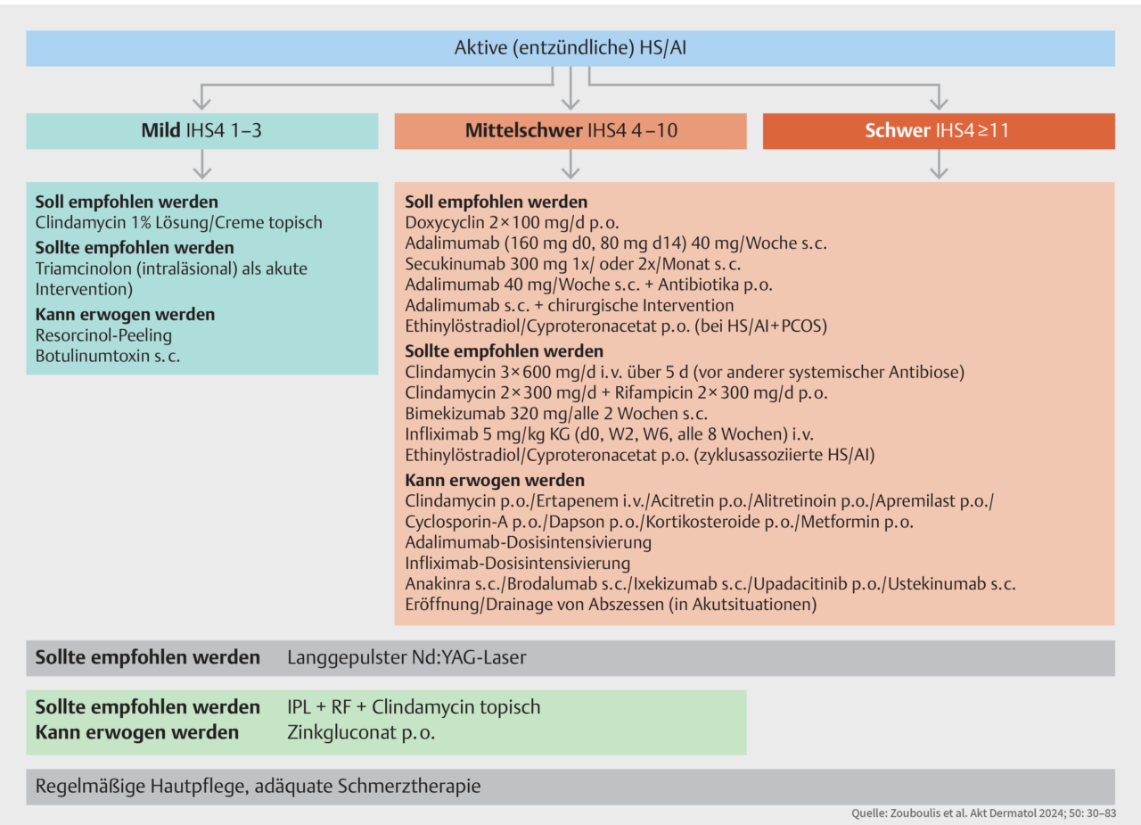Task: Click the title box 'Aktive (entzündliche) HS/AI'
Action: (570, 48)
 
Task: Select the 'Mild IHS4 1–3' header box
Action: (202, 131)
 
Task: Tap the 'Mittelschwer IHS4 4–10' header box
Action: (570, 131)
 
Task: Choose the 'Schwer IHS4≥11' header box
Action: (939, 131)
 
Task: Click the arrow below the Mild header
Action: (202, 165)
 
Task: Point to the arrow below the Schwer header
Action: (939, 165)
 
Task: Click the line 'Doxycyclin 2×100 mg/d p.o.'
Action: (513, 222)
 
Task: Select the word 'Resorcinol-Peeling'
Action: (103, 335)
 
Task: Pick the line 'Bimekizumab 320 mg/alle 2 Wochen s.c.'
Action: (556, 413)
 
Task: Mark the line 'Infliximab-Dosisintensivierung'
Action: (518, 563)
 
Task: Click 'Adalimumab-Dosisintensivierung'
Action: (528, 542)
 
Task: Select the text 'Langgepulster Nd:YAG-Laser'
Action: (406, 658)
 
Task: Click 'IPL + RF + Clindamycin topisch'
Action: (414, 707)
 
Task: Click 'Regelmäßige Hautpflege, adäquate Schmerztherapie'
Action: (258, 787)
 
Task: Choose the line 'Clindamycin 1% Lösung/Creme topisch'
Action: (178, 222)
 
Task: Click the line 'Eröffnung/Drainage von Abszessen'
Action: (611, 605)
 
